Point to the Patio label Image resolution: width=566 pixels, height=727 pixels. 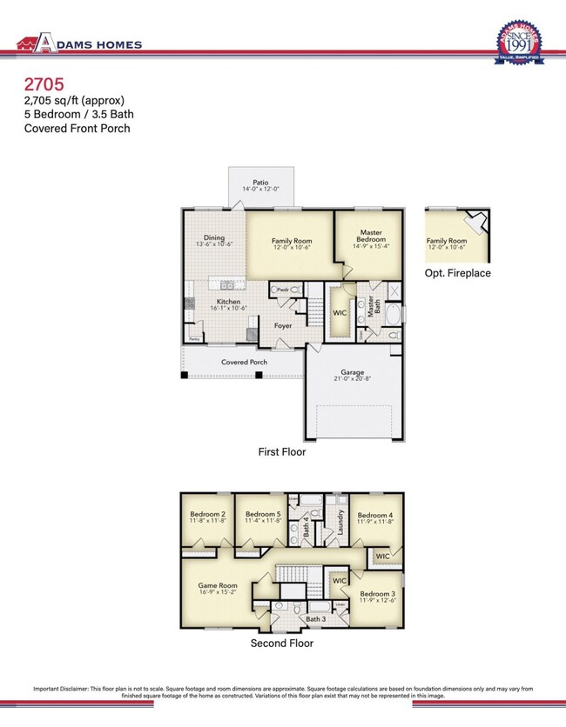[261, 183]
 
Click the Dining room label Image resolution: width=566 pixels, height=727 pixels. [214, 238]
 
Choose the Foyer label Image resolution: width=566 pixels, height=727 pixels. [283, 326]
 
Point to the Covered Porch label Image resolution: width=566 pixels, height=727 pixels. [244, 362]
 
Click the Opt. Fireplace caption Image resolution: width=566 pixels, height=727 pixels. [458, 273]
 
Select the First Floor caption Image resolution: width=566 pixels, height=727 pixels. [282, 452]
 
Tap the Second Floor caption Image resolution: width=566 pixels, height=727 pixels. [282, 644]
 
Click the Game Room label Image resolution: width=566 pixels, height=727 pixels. [218, 586]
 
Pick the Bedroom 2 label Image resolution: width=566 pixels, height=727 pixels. [208, 514]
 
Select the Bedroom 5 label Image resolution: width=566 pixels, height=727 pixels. [263, 514]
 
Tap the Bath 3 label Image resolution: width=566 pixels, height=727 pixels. [315, 618]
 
